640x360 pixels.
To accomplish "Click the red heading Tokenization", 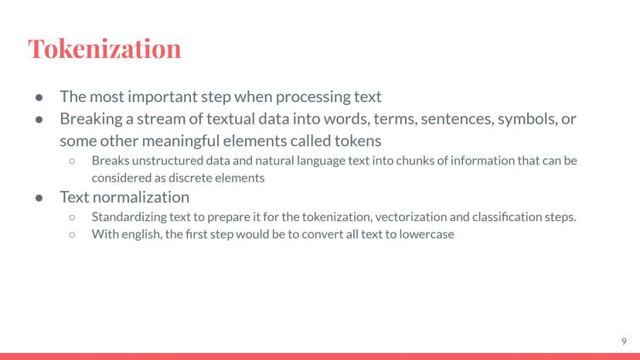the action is tap(104, 49).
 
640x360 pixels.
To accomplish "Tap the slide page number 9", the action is tap(624, 341).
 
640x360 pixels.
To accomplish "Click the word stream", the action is tap(162, 119).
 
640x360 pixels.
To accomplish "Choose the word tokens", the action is tap(358, 141).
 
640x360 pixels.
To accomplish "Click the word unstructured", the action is tap(168, 161).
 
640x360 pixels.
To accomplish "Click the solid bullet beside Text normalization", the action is tap(39, 198).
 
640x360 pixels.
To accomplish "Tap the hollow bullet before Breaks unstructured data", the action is tap(72, 161).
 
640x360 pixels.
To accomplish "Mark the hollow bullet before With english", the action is tap(72, 235).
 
